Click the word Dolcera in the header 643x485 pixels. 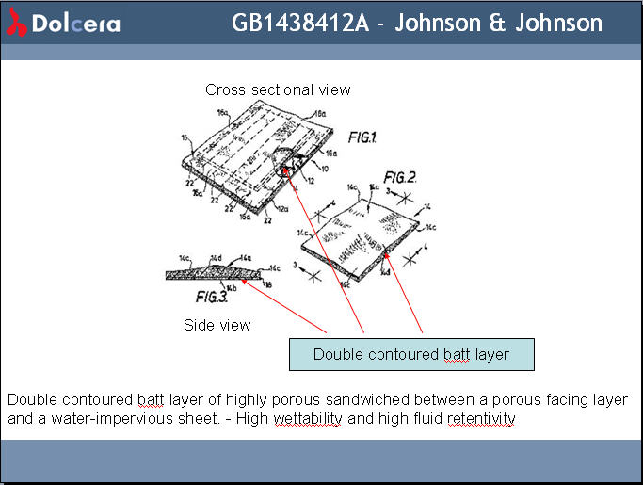point(76,24)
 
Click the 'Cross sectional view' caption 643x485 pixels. point(278,89)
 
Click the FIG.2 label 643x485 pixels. point(400,178)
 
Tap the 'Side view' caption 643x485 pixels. point(217,325)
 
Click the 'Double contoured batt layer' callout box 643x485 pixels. point(410,354)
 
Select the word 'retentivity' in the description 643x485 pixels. point(482,418)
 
